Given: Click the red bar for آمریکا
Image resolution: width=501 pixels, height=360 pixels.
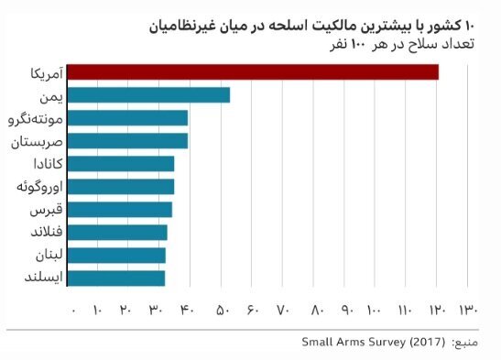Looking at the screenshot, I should point(253,71).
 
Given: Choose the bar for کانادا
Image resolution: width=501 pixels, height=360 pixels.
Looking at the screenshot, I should point(121,163).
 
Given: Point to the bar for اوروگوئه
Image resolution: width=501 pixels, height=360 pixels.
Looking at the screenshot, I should point(121,186).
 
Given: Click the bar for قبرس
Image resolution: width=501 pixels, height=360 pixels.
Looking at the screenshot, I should point(120,209).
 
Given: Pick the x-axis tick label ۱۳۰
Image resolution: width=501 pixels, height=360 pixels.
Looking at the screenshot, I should point(468,310).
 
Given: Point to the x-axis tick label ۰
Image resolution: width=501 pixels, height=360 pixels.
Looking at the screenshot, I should point(72,310).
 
